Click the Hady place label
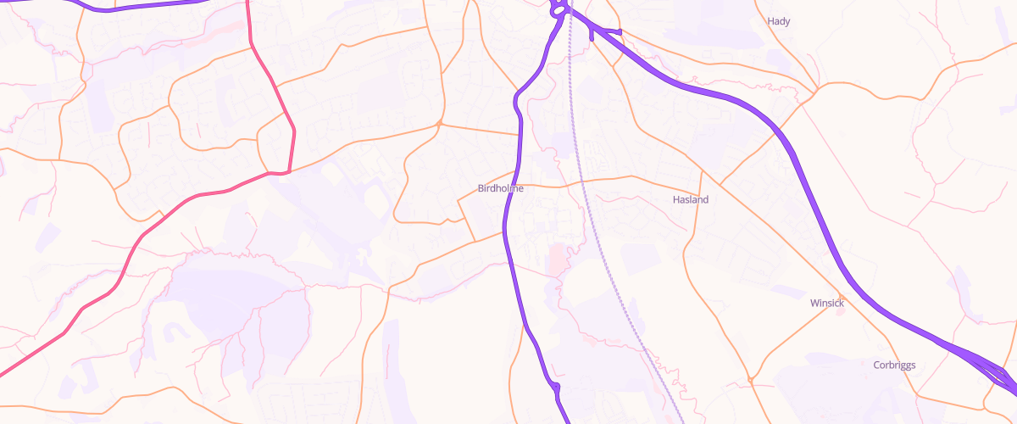[778, 21]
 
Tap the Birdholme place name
[501, 188]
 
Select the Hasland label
[690, 199]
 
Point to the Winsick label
[827, 303]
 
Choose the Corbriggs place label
[894, 365]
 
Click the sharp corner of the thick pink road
[287, 172]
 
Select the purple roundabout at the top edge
[558, 11]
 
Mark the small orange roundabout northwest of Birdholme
[439, 125]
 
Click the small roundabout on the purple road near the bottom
[555, 388]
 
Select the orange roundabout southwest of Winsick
[751, 380]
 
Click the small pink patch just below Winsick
[840, 311]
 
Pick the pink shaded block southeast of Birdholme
[556, 259]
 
